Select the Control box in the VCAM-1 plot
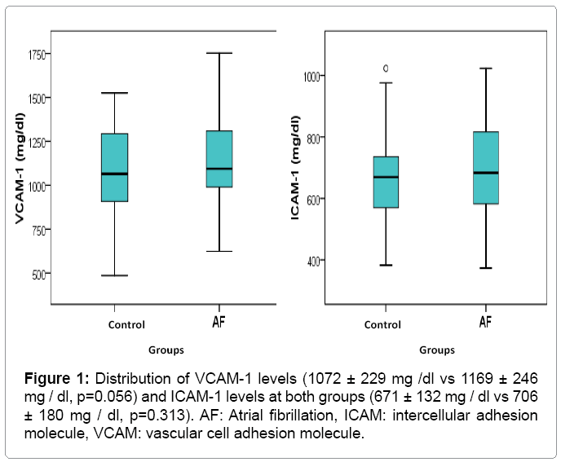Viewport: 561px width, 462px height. point(114,167)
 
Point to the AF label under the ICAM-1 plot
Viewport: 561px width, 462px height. point(485,323)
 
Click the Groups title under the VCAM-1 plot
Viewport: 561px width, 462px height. point(166,350)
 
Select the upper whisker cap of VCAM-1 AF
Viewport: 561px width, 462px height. point(219,53)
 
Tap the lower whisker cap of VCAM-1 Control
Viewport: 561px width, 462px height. point(114,275)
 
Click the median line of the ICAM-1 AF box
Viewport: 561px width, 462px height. point(485,173)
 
